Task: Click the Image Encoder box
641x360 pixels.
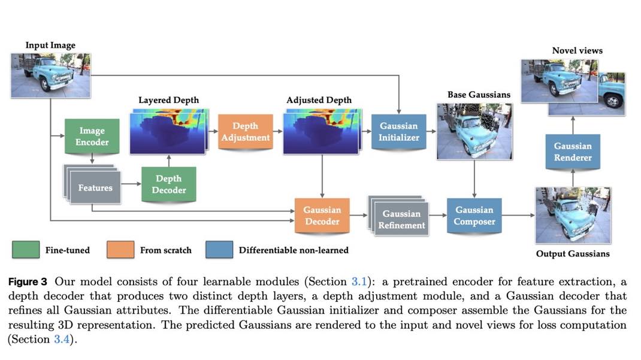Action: pos(92,137)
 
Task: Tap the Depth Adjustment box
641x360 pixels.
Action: pos(245,131)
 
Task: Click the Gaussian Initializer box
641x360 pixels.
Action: pos(399,131)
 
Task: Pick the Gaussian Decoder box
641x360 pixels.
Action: pos(322,216)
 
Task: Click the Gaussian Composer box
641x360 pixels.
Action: pos(474,216)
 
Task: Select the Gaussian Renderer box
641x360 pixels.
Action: pos(573,152)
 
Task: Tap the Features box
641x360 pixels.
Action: pos(95,187)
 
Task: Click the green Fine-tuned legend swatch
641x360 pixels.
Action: pos(26,250)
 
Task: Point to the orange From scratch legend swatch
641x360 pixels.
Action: pos(120,250)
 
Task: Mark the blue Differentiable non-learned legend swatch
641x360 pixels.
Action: pos(219,250)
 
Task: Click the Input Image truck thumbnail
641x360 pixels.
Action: pos(51,75)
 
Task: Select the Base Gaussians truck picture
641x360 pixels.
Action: pos(474,131)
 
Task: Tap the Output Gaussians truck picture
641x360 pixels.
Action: pos(573,215)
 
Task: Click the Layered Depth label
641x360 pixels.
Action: pos(168,100)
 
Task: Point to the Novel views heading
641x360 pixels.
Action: pos(577,51)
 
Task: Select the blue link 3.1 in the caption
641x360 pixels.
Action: pos(358,282)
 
